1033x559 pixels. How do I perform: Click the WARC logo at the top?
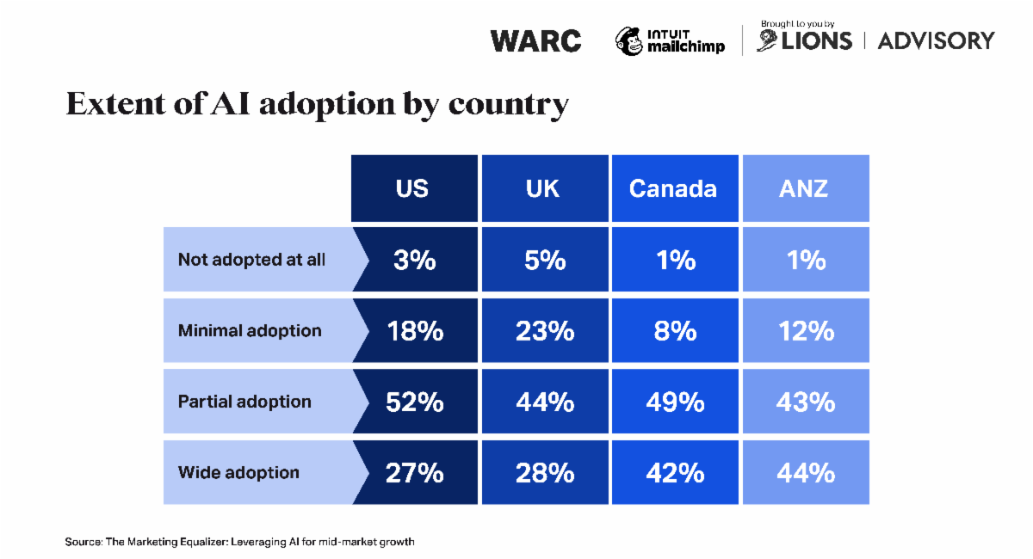(535, 40)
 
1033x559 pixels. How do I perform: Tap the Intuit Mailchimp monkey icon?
(628, 40)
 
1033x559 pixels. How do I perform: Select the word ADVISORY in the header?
(936, 40)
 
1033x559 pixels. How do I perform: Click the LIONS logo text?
(816, 40)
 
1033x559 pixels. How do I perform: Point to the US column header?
(412, 188)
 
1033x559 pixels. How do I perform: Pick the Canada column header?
(673, 188)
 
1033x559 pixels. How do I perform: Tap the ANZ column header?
(805, 188)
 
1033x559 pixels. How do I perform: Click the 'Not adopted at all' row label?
(251, 260)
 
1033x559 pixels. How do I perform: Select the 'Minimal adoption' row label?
(250, 330)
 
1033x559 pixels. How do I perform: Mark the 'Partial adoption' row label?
(244, 402)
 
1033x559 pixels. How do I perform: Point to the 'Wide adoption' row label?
(238, 472)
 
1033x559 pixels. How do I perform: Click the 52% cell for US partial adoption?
(415, 402)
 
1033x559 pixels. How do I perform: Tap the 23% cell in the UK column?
(545, 330)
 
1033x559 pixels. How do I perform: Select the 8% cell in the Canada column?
(675, 330)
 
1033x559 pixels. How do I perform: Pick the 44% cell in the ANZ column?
(806, 472)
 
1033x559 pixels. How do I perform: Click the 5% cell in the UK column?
(545, 260)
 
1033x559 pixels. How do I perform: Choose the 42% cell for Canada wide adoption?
(675, 472)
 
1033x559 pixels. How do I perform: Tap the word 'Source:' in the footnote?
(84, 542)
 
